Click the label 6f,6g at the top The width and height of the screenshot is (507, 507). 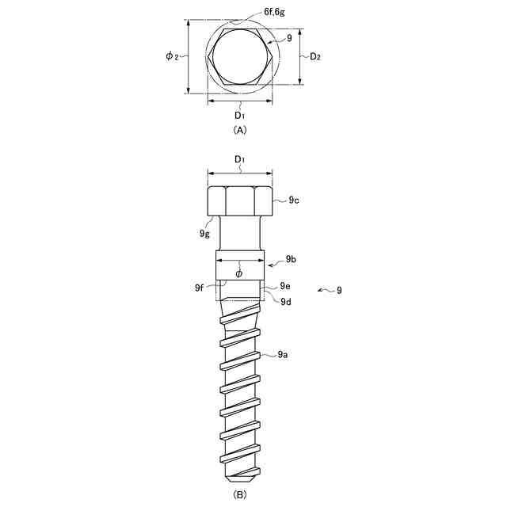275,12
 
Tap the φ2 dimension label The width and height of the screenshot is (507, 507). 172,56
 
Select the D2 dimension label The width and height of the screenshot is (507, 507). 315,56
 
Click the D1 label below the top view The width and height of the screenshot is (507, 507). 239,115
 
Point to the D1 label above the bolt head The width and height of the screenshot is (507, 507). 239,159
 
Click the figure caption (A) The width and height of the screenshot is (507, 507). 239,130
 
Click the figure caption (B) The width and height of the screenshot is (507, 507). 239,495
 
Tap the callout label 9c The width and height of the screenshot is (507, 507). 294,200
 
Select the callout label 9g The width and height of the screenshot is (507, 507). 204,233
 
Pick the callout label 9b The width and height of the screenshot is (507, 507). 291,259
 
